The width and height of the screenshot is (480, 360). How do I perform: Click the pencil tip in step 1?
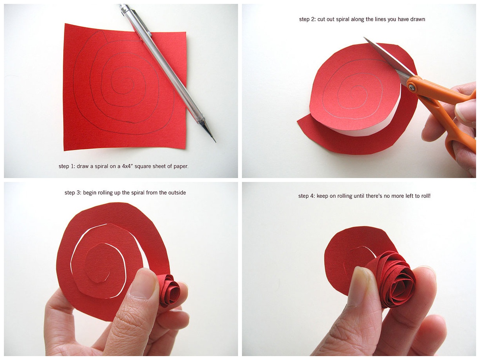[x=215, y=142]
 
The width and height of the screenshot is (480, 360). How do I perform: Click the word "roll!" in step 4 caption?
[x=425, y=196]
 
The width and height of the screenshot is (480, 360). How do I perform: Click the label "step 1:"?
[x=67, y=166]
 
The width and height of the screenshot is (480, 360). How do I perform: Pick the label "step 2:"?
[x=308, y=19]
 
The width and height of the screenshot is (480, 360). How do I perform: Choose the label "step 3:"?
[x=73, y=193]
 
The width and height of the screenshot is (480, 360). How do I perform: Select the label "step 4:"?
[x=307, y=196]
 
